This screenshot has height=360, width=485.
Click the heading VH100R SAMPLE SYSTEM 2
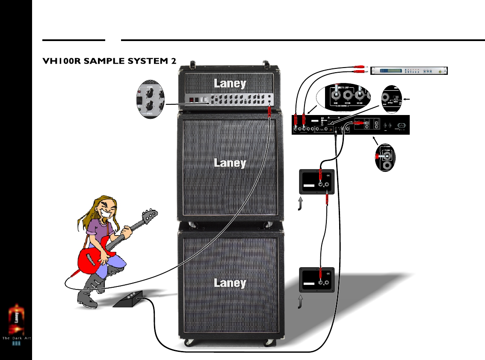pyautogui.click(x=109, y=61)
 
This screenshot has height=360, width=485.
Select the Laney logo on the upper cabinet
pyautogui.click(x=230, y=162)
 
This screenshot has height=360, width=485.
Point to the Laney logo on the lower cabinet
pyautogui.click(x=230, y=283)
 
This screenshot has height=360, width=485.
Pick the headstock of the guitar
pyautogui.click(x=150, y=216)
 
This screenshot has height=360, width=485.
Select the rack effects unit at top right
pyautogui.click(x=408, y=71)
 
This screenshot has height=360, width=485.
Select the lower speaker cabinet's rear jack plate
pyautogui.click(x=316, y=280)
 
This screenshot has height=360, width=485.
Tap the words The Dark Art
pyautogui.click(x=18, y=338)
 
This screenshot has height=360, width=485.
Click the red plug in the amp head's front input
pyautogui.click(x=269, y=112)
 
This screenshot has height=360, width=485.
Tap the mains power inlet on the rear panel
pyautogui.click(x=402, y=125)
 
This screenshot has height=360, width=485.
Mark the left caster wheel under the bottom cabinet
pyautogui.click(x=188, y=342)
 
